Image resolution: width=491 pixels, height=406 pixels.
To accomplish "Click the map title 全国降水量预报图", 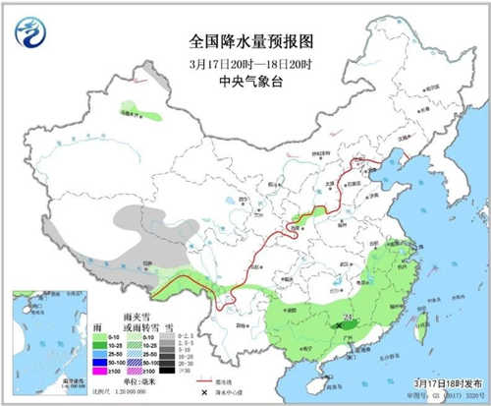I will pos(246,42).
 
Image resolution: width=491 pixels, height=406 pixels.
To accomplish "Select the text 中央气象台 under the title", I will pos(245,81).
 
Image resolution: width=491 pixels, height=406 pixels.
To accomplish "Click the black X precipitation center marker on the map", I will pos(340,323).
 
